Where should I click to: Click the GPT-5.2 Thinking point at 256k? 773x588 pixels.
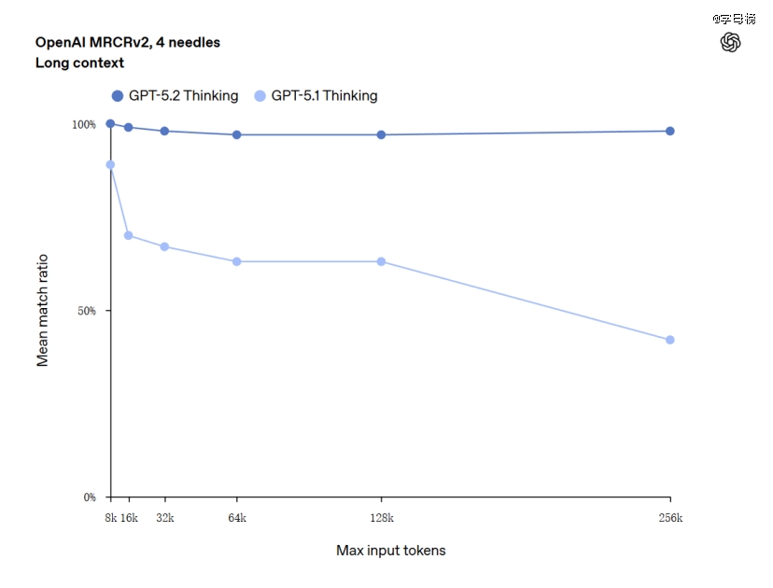tap(670, 131)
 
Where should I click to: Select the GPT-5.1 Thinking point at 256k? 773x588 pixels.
tap(670, 340)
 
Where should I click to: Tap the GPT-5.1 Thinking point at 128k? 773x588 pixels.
tap(381, 261)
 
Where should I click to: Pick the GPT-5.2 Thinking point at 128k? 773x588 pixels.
tap(381, 134)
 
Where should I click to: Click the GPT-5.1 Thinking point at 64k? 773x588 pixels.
tap(237, 261)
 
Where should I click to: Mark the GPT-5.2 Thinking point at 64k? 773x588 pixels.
tap(237, 134)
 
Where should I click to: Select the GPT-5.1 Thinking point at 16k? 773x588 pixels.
tap(129, 235)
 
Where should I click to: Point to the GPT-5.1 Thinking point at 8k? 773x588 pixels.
tap(110, 164)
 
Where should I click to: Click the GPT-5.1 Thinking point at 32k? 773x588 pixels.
tap(164, 246)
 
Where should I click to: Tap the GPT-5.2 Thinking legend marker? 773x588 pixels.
tap(118, 95)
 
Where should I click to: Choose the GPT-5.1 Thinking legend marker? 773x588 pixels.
tap(260, 95)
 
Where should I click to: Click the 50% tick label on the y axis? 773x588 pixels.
tap(85, 311)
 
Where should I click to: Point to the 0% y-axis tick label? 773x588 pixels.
tap(89, 497)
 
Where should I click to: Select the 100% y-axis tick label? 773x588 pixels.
tap(83, 124)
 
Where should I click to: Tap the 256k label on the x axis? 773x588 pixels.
tap(670, 518)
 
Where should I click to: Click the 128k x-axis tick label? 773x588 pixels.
tap(381, 518)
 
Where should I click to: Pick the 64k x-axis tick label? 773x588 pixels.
tap(237, 518)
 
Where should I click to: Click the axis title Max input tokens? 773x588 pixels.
tap(390, 551)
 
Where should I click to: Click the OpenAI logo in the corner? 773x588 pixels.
tap(731, 42)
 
